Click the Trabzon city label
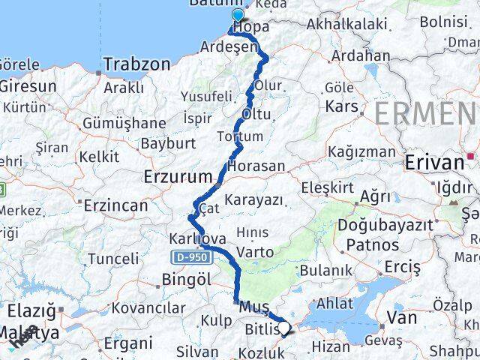tap(136, 64)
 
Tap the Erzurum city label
tap(177, 177)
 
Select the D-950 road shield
tap(189, 257)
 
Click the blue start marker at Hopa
tap(238, 15)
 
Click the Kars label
tap(341, 106)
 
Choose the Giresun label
tap(28, 86)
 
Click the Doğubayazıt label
tap(385, 225)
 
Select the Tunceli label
tap(113, 259)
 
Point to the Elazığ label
tap(31, 309)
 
